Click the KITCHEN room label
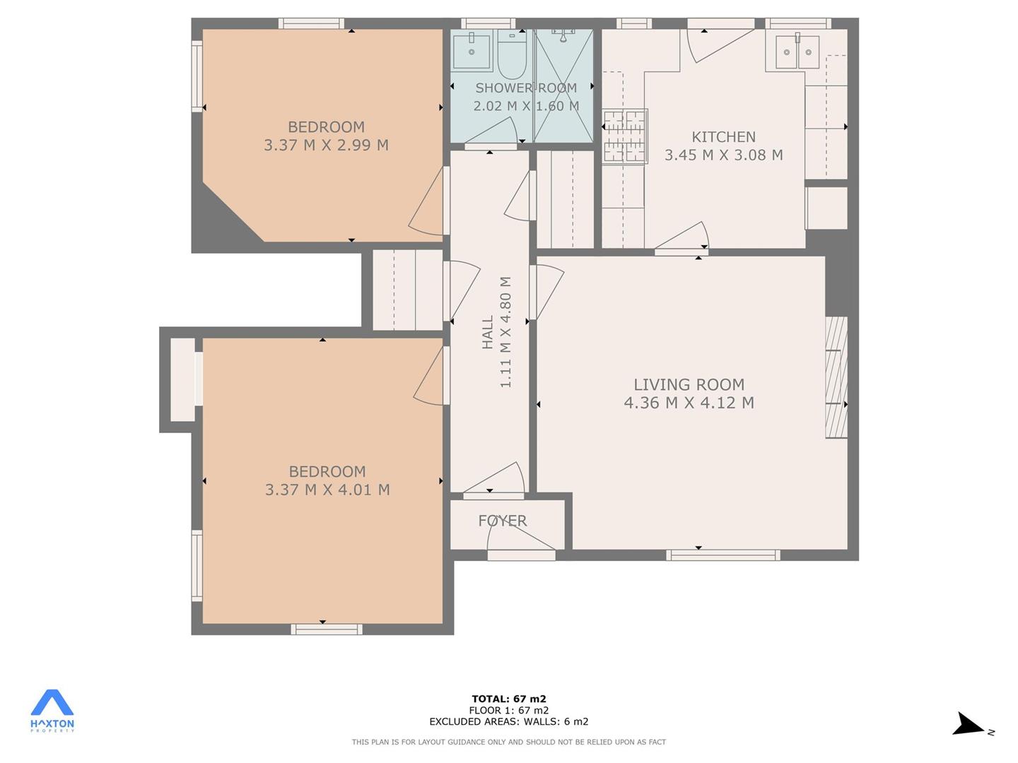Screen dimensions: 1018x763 tap(723, 136)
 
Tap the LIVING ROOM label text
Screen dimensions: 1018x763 tap(689, 384)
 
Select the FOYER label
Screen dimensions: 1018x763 tap(503, 521)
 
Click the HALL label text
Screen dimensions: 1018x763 tap(487, 332)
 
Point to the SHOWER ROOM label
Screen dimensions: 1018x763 tap(526, 88)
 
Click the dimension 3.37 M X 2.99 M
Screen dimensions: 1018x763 tap(326, 145)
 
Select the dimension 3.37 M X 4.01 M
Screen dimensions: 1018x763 tap(327, 490)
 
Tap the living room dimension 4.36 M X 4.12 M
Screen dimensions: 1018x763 tap(689, 403)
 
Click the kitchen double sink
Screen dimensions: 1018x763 tap(797, 52)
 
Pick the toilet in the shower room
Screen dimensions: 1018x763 tap(512, 54)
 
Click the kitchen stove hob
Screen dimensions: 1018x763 tap(625, 136)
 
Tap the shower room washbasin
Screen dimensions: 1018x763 tap(472, 51)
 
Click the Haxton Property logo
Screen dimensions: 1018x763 tap(52, 711)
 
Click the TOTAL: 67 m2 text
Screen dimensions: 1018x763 tap(509, 699)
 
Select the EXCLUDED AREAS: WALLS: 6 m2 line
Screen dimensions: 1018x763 tap(509, 721)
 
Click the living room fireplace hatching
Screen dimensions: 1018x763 tap(836, 377)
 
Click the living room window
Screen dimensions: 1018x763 tap(723, 555)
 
